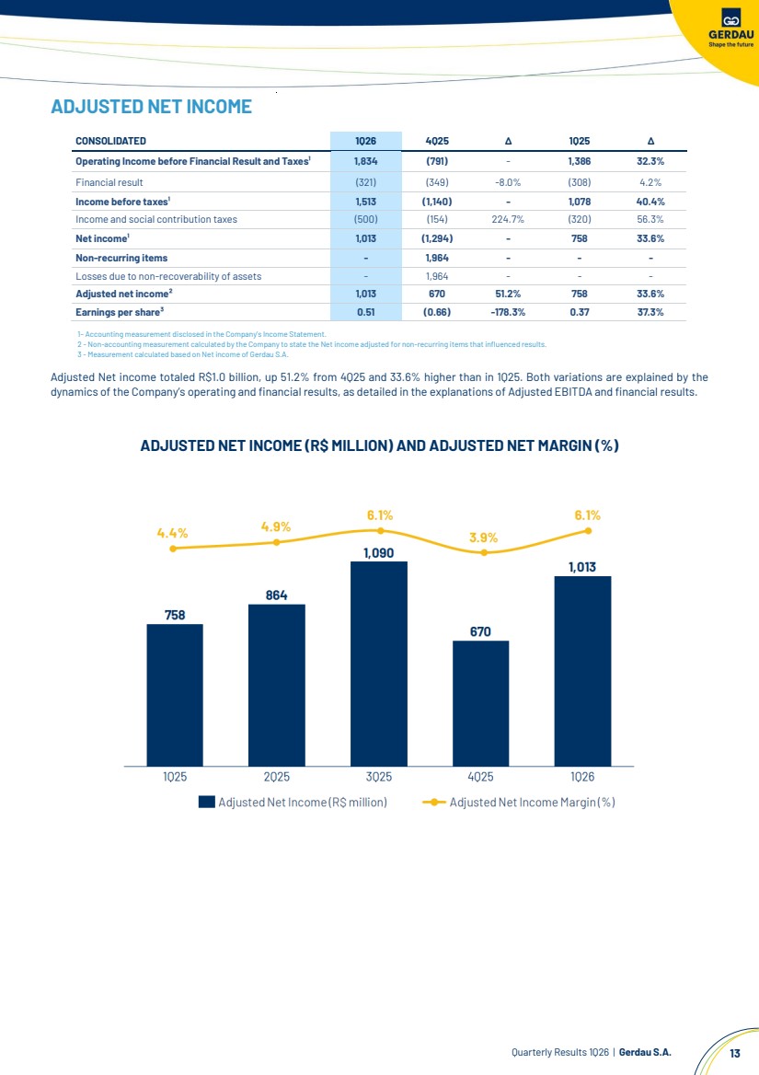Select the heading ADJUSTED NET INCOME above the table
152,107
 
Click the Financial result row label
109,182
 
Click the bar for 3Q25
378,663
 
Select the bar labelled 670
480,702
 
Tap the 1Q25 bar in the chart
175,695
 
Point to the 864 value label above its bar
277,595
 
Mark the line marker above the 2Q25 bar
277,542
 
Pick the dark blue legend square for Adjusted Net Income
206,802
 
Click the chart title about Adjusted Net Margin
379,446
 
